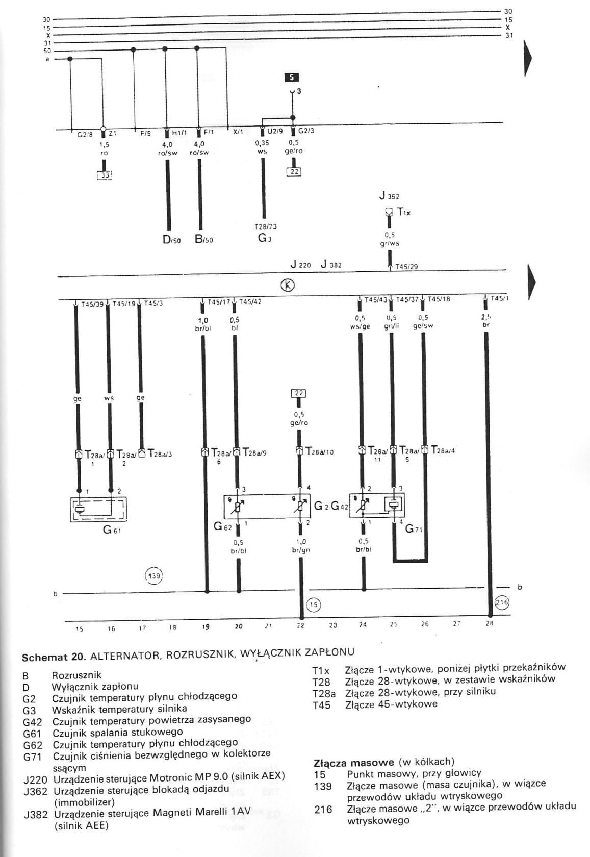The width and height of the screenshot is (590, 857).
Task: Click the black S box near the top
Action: pos(292,78)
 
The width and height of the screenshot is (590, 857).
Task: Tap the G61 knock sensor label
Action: pos(112,530)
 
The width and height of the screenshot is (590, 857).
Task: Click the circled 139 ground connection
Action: pos(154,576)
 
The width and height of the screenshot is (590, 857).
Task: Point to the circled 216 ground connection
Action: pos(502,602)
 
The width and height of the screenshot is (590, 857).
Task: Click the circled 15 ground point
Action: pos(313,604)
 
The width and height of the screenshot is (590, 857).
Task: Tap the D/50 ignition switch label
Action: pos(171,240)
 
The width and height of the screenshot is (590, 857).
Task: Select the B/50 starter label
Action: pos(203,240)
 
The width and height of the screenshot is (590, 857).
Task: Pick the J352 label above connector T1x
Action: pos(389,196)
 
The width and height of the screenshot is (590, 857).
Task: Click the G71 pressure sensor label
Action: pos(414,529)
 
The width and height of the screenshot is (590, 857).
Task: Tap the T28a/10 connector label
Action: pos(319,452)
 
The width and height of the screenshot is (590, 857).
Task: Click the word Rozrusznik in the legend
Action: pos(76,675)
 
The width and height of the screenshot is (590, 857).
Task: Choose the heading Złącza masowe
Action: pos(353,763)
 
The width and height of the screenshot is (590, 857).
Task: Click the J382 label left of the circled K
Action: pos(331,265)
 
